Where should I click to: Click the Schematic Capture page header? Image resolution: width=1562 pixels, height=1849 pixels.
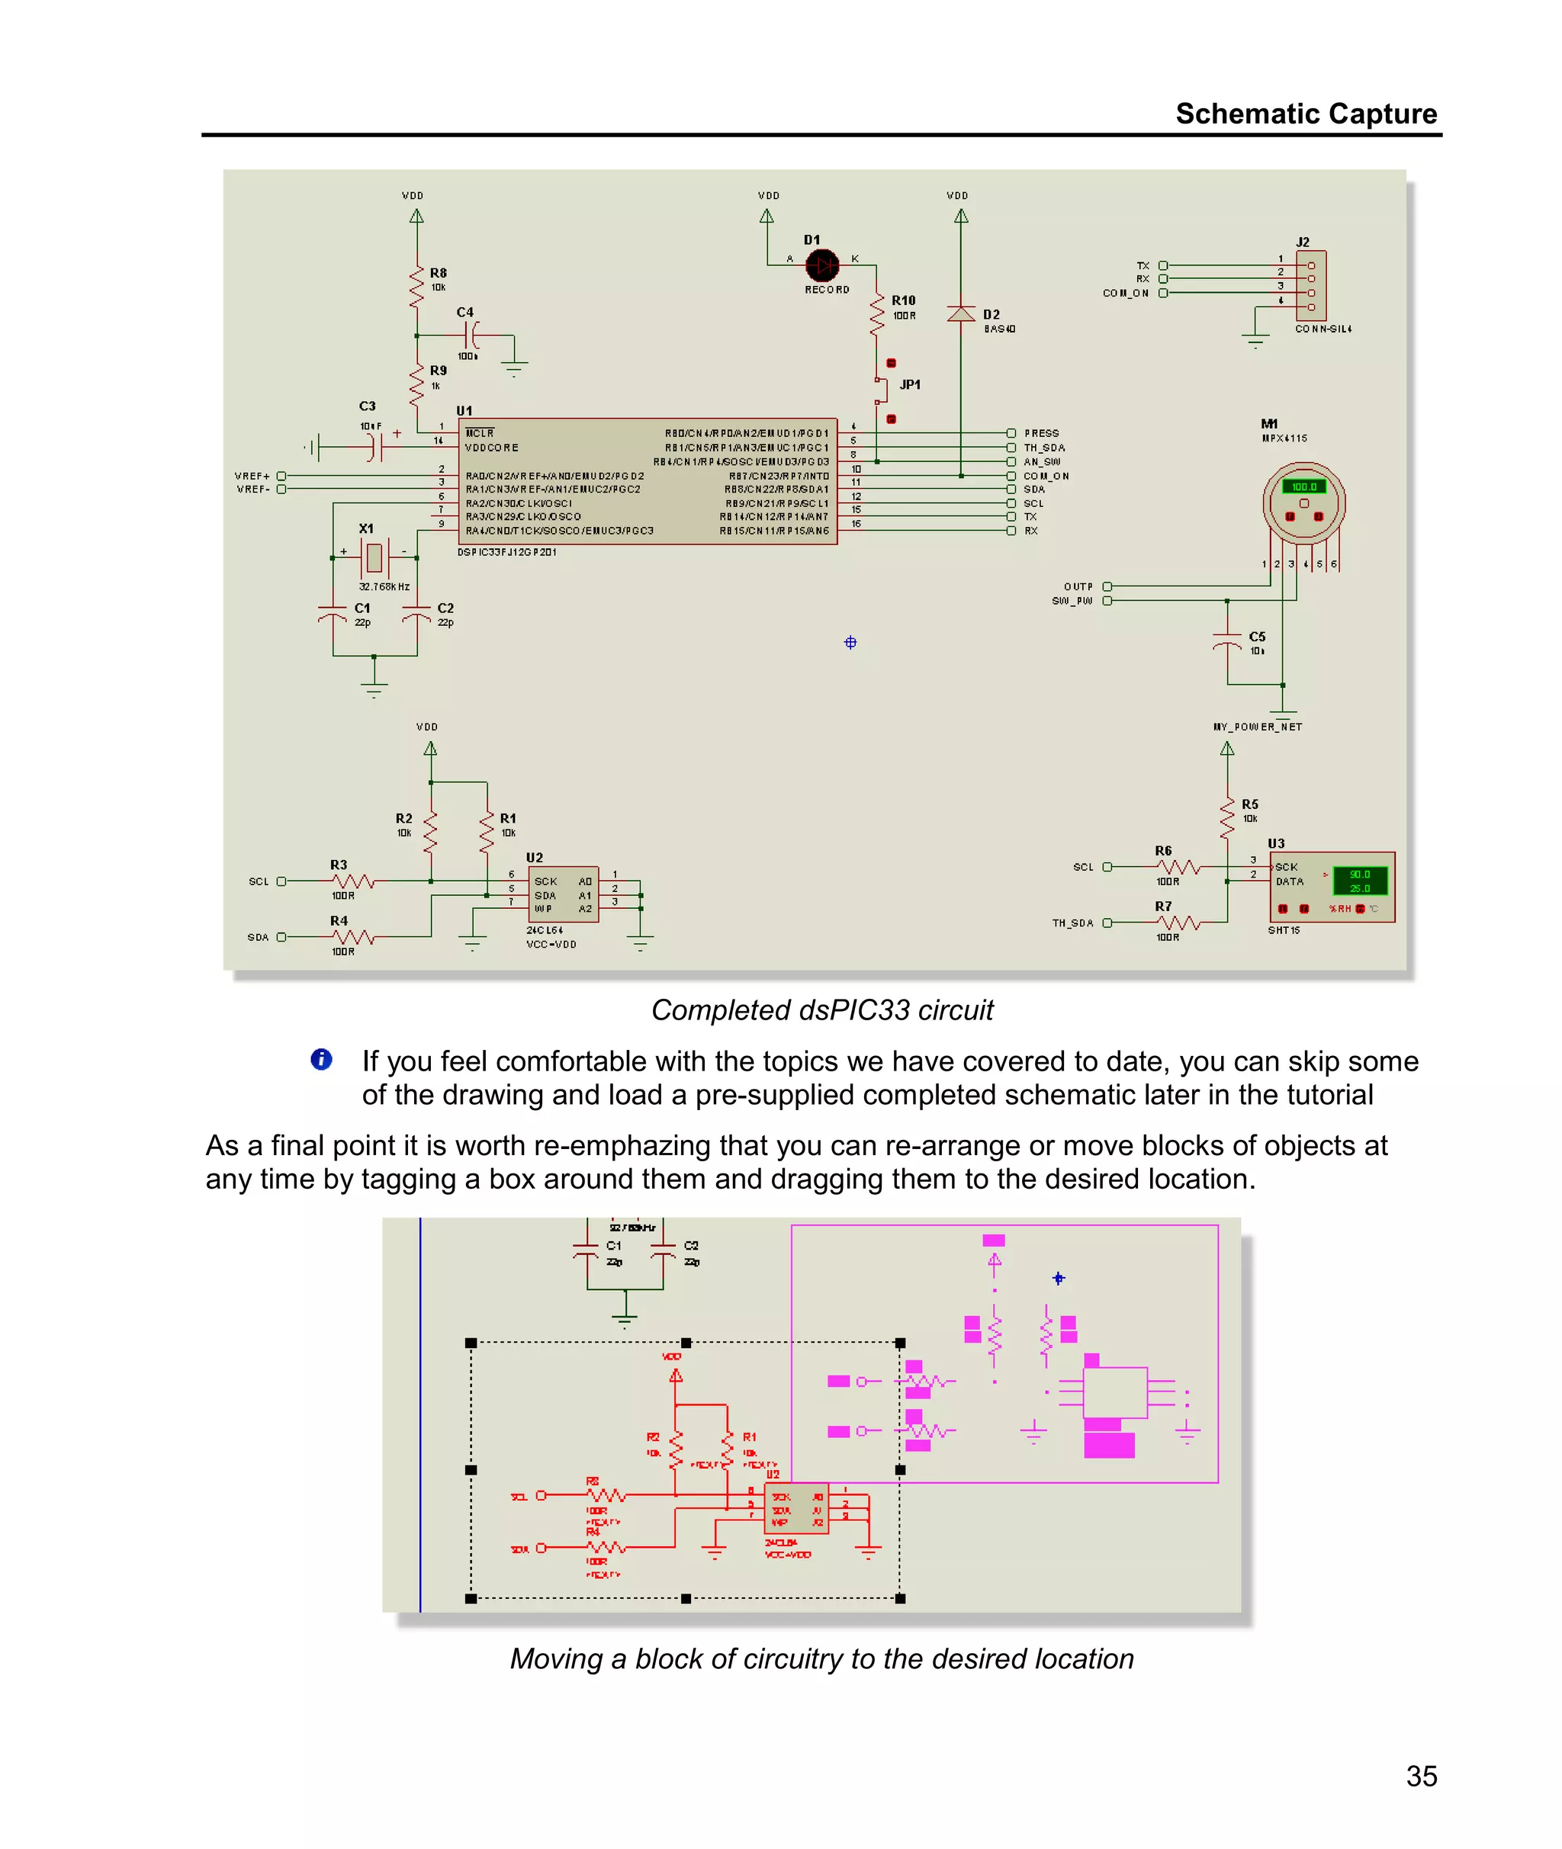1305,114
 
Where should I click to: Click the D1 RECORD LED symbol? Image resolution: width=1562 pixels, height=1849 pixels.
821,264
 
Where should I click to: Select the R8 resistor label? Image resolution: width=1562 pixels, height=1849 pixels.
439,273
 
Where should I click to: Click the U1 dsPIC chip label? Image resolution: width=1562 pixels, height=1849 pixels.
464,411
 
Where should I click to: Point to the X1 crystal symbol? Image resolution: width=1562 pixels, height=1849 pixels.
374,557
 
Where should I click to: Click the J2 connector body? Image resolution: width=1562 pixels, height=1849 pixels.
1310,286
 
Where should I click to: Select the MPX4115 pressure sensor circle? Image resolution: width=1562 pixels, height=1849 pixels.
1303,502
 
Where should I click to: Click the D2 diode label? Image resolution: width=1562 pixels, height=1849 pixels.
991,314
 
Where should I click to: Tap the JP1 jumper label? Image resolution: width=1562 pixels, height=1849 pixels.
909,385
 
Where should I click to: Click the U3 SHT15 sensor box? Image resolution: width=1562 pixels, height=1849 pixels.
1332,887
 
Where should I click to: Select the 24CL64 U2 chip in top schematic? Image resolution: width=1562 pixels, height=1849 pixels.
563,894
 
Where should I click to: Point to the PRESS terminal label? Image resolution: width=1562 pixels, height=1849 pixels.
1041,434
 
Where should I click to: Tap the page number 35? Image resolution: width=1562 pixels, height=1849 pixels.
1420,1776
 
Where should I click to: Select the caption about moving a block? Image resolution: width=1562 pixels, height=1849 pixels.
821,1658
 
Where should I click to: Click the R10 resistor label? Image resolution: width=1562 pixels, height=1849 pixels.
903,301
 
